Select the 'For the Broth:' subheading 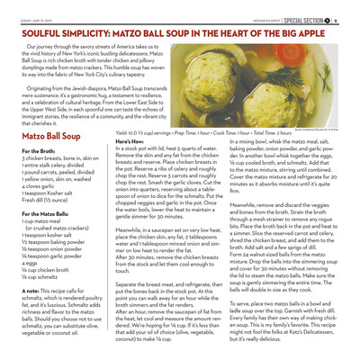click(36, 149)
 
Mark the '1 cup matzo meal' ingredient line click(42, 218)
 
